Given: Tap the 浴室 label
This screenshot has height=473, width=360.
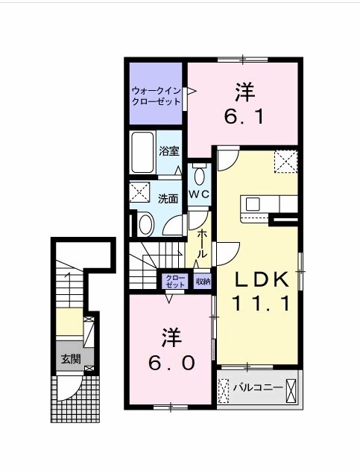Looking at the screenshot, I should [168, 150].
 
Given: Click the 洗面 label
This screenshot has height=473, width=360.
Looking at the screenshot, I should [168, 199].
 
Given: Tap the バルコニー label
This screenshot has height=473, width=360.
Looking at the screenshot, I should [257, 387].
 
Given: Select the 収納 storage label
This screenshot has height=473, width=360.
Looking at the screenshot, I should [203, 282].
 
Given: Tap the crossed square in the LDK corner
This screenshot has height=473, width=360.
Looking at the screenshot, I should [285, 160].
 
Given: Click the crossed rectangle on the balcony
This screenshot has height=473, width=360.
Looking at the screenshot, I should [292, 389].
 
